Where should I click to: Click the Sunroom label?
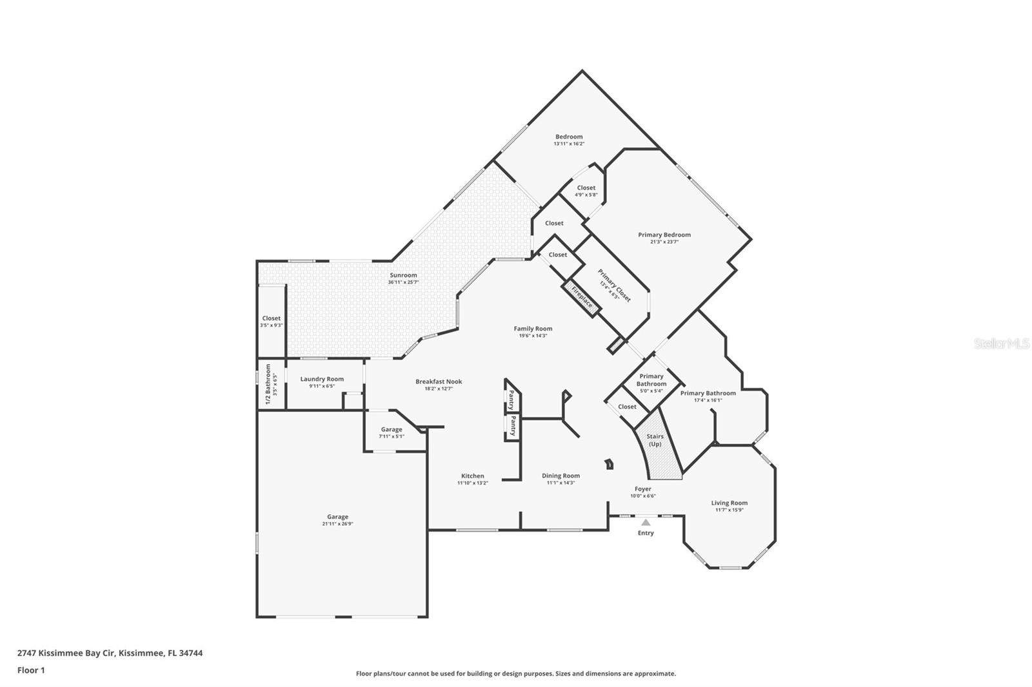[403, 275]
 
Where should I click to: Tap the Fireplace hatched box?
[581, 298]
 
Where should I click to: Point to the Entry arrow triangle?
[646, 522]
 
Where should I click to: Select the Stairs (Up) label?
[655, 440]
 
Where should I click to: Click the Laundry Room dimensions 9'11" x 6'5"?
[322, 386]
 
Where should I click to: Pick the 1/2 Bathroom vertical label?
[268, 385]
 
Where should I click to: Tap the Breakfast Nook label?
[439, 382]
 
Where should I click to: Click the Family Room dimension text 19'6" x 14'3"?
[533, 336]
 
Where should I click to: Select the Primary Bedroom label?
[664, 235]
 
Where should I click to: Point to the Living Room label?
[729, 503]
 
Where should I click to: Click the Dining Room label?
[561, 476]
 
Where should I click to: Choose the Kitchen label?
[473, 476]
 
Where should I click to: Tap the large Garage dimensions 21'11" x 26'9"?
[338, 523]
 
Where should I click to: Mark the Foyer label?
[642, 489]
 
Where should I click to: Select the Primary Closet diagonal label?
[614, 285]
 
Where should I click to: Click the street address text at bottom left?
[110, 653]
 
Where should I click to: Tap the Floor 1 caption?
[31, 670]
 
